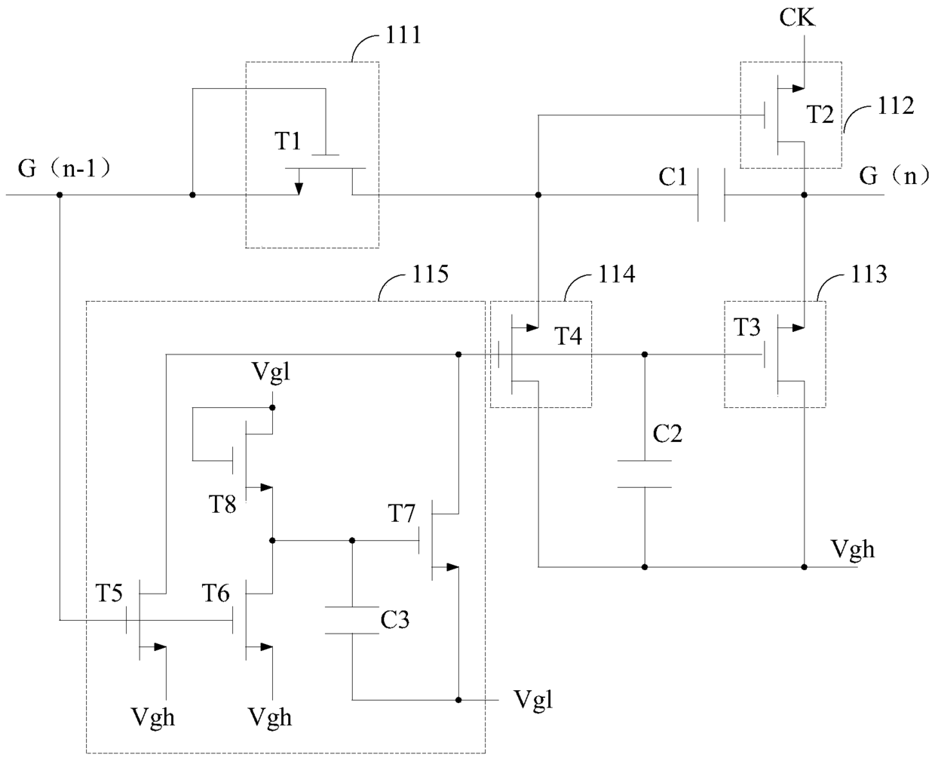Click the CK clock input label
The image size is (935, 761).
point(797,18)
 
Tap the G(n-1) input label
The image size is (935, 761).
point(64,169)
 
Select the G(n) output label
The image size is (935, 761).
point(894,176)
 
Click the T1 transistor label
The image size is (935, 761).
point(288,141)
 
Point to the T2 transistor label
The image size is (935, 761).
point(820,115)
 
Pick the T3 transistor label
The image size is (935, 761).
point(747,327)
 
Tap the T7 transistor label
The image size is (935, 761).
point(402,513)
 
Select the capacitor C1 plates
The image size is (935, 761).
point(711,195)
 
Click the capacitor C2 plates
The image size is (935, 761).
point(645,474)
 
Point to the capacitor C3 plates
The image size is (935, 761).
point(351,621)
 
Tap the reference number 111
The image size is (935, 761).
point(403,35)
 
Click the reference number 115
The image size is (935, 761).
point(431,275)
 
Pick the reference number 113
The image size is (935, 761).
point(869,275)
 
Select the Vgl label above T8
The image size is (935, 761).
point(271,373)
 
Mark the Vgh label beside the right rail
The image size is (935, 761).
point(853,550)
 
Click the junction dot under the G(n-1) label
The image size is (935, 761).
point(60,195)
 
